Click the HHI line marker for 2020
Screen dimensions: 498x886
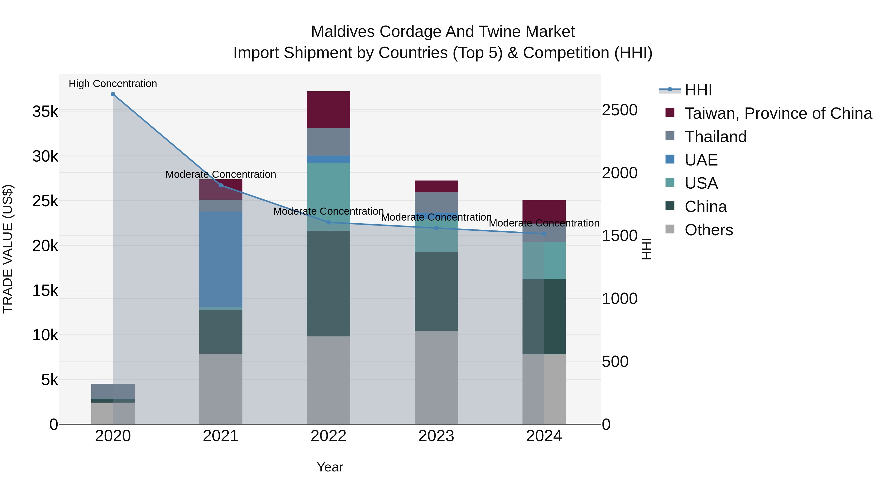(113, 94)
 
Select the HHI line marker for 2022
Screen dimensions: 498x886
(329, 222)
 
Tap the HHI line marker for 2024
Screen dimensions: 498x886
(544, 234)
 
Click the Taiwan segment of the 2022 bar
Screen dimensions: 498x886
(329, 110)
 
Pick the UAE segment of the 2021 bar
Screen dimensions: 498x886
(221, 259)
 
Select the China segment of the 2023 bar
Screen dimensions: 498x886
(436, 291)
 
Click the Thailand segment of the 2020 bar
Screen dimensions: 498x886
(113, 391)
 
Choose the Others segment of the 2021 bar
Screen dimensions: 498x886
(221, 389)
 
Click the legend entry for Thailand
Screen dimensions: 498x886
(715, 137)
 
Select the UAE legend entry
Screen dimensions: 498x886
(701, 160)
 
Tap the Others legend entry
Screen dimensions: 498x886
(709, 230)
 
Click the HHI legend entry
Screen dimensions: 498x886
(698, 90)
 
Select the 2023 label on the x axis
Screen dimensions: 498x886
(436, 436)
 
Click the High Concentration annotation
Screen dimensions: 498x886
(113, 84)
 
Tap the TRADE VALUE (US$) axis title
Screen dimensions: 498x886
(8, 249)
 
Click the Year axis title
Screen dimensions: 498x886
(330, 467)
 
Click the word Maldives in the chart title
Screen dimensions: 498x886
(343, 32)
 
